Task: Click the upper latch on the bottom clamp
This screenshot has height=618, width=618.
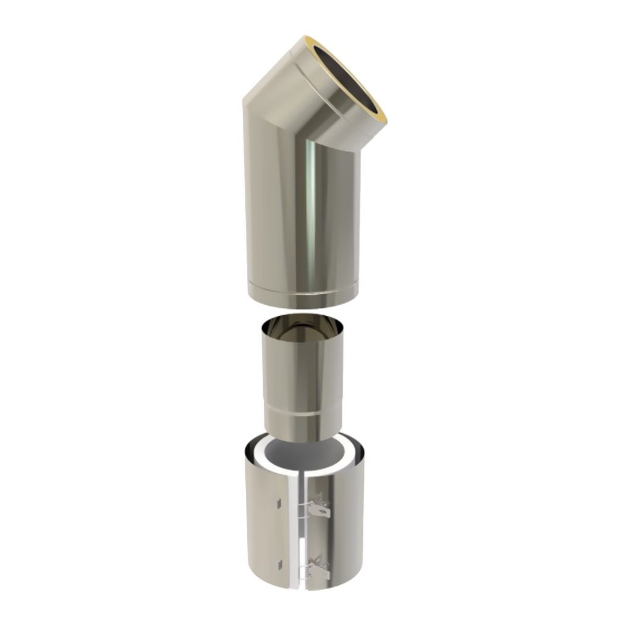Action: (320, 508)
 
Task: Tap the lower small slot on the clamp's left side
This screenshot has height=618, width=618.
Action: (279, 562)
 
